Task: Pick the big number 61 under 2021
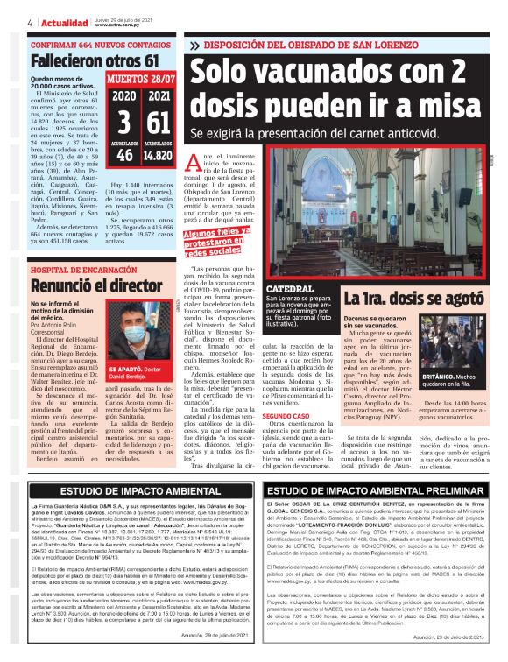pos(159,122)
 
